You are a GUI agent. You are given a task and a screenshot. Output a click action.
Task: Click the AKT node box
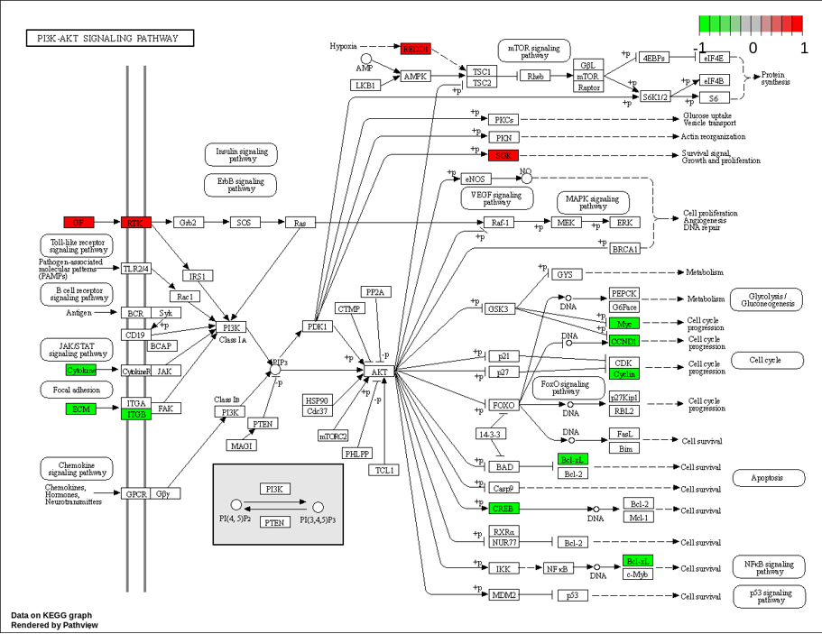pyautogui.click(x=380, y=372)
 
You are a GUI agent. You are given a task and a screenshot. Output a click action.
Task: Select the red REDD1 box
pyautogui.click(x=416, y=48)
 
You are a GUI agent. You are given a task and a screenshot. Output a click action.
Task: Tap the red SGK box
pyautogui.click(x=503, y=155)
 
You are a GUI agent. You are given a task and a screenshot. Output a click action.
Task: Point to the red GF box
pyautogui.click(x=79, y=222)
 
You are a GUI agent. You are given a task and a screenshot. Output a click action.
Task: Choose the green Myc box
pyautogui.click(x=624, y=323)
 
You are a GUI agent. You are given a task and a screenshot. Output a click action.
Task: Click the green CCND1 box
pyautogui.click(x=624, y=341)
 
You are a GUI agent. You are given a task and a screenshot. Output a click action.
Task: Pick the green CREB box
pyautogui.click(x=503, y=509)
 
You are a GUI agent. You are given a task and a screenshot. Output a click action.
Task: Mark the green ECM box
pyautogui.click(x=79, y=409)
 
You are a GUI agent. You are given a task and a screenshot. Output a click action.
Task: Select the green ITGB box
pyautogui.click(x=136, y=414)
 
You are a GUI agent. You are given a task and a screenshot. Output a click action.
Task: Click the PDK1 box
pyautogui.click(x=317, y=326)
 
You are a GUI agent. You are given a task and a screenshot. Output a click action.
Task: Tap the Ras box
pyautogui.click(x=300, y=222)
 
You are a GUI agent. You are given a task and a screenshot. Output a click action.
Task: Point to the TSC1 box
pyautogui.click(x=482, y=71)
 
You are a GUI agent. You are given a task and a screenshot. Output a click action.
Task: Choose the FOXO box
pyautogui.click(x=503, y=405)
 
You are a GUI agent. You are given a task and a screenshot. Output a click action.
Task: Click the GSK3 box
pyautogui.click(x=498, y=308)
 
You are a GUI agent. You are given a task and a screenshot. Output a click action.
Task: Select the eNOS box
pyautogui.click(x=475, y=179)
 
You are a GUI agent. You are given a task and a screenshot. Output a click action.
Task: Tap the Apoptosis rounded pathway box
pyautogui.click(x=768, y=478)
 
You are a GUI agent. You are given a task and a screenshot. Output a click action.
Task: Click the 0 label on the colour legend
pyautogui.click(x=752, y=47)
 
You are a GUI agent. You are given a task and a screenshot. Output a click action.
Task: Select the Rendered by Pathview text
pyautogui.click(x=55, y=625)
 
